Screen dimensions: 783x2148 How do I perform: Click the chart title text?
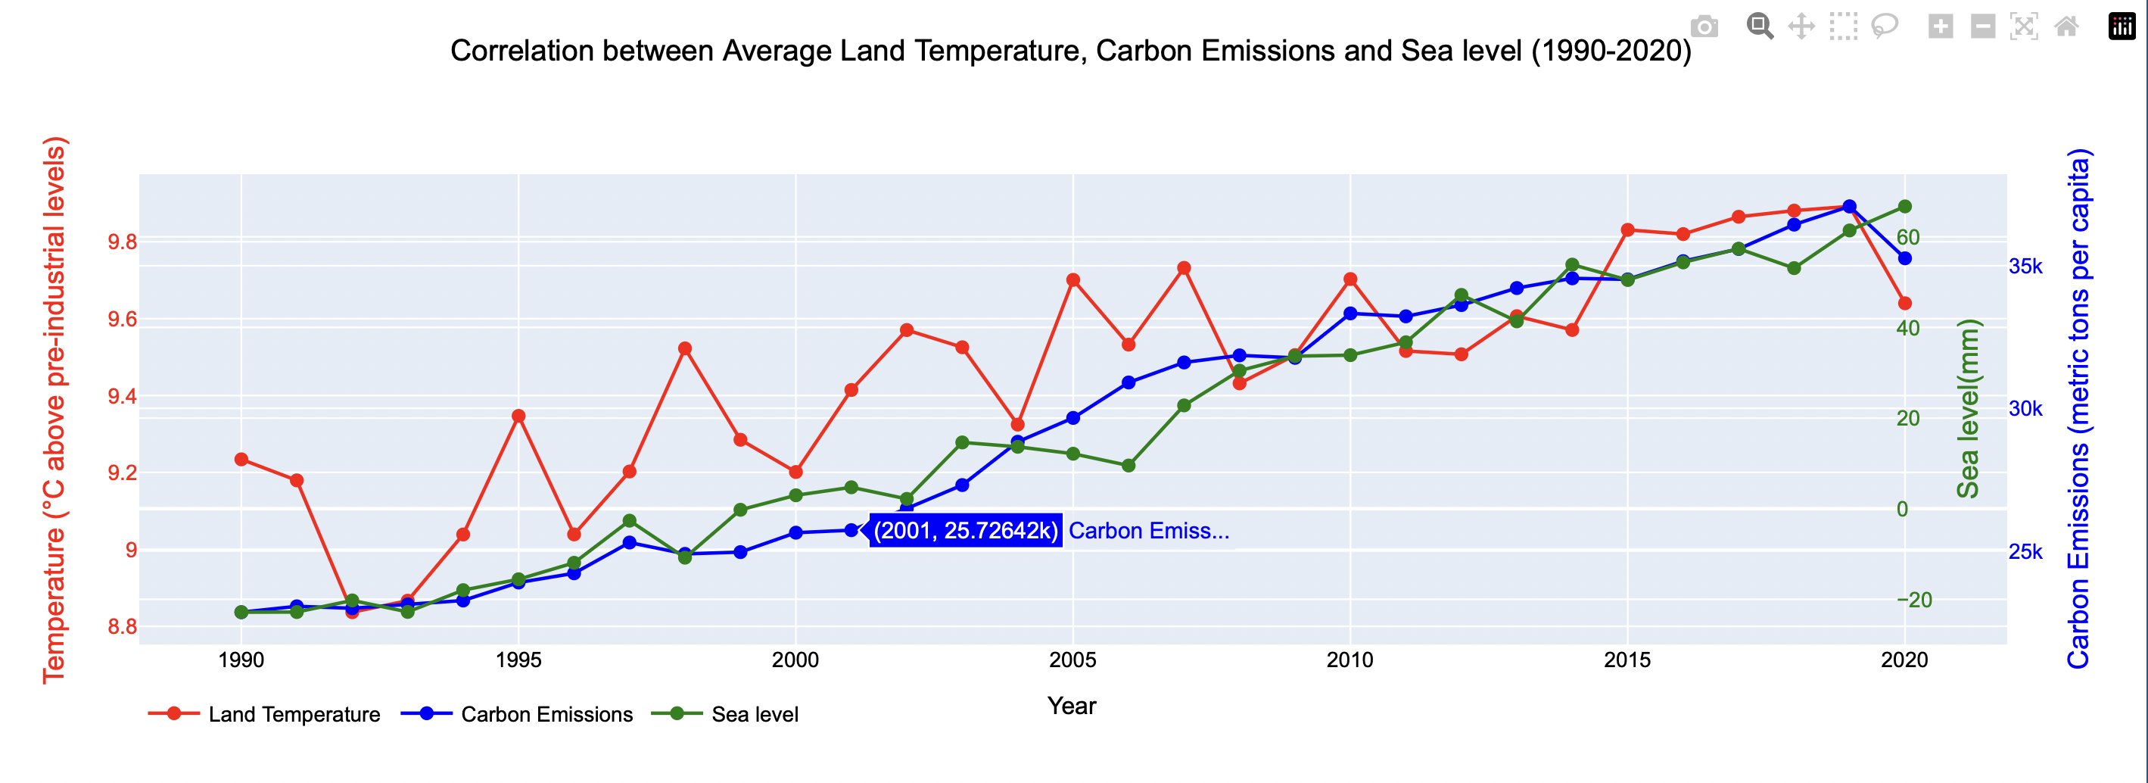click(x=1071, y=51)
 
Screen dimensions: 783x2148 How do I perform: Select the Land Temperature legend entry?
click(x=294, y=715)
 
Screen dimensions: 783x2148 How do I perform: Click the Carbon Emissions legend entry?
click(x=546, y=715)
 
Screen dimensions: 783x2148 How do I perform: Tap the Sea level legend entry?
click(x=754, y=715)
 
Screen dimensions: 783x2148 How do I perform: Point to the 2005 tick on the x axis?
click(x=1072, y=660)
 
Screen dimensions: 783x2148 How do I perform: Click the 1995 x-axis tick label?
click(x=518, y=660)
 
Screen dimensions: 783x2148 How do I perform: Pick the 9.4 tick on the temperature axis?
click(x=122, y=396)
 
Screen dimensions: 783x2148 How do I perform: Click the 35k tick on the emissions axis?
click(x=2025, y=267)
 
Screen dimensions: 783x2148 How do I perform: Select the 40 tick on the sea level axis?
click(x=1908, y=329)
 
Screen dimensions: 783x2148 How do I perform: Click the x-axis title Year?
click(x=1072, y=707)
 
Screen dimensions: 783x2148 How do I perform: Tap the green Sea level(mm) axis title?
click(x=1967, y=409)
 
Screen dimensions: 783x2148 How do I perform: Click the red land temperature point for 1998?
click(x=685, y=348)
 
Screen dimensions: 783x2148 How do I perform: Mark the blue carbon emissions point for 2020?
click(x=1904, y=258)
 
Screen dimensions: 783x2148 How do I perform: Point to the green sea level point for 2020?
click(x=1904, y=207)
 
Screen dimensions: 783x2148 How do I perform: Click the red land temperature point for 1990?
click(x=241, y=460)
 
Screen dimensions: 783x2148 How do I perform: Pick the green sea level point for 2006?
click(x=1128, y=465)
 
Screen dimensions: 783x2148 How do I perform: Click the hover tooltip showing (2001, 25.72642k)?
click(x=965, y=531)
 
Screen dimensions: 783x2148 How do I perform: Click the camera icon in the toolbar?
click(x=1704, y=27)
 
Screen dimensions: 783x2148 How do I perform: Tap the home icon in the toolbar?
click(x=2066, y=27)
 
